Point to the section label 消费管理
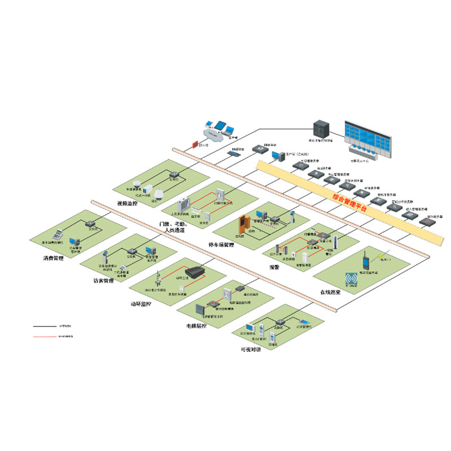point(54,259)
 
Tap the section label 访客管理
point(103,280)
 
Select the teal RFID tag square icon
point(352,279)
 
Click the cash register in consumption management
point(56,233)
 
